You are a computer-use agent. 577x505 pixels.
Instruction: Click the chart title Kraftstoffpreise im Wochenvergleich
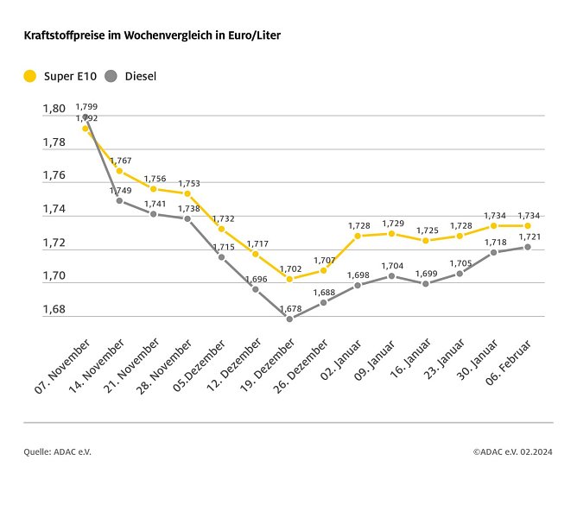pos(151,35)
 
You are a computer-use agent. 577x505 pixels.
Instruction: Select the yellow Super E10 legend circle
pos(30,76)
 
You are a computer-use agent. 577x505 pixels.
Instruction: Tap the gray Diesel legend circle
pos(111,76)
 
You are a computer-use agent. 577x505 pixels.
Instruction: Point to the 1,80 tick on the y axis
pos(54,109)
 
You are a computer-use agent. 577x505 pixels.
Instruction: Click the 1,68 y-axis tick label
pos(54,309)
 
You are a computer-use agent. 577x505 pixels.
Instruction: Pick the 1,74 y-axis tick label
pos(54,209)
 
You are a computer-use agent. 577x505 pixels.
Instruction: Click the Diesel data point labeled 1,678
pos(289,319)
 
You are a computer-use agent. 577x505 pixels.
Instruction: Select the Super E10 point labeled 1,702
pos(289,279)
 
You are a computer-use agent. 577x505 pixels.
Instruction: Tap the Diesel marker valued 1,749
pos(119,201)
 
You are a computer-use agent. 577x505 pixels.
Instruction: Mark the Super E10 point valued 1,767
pos(119,171)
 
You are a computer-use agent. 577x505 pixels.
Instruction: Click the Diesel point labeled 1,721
pos(527,247)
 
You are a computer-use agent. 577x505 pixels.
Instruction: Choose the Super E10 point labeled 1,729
pos(391,234)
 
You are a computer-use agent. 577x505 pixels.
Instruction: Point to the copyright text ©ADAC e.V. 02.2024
pos(513,451)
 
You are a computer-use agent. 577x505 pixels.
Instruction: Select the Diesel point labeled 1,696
pos(256,289)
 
